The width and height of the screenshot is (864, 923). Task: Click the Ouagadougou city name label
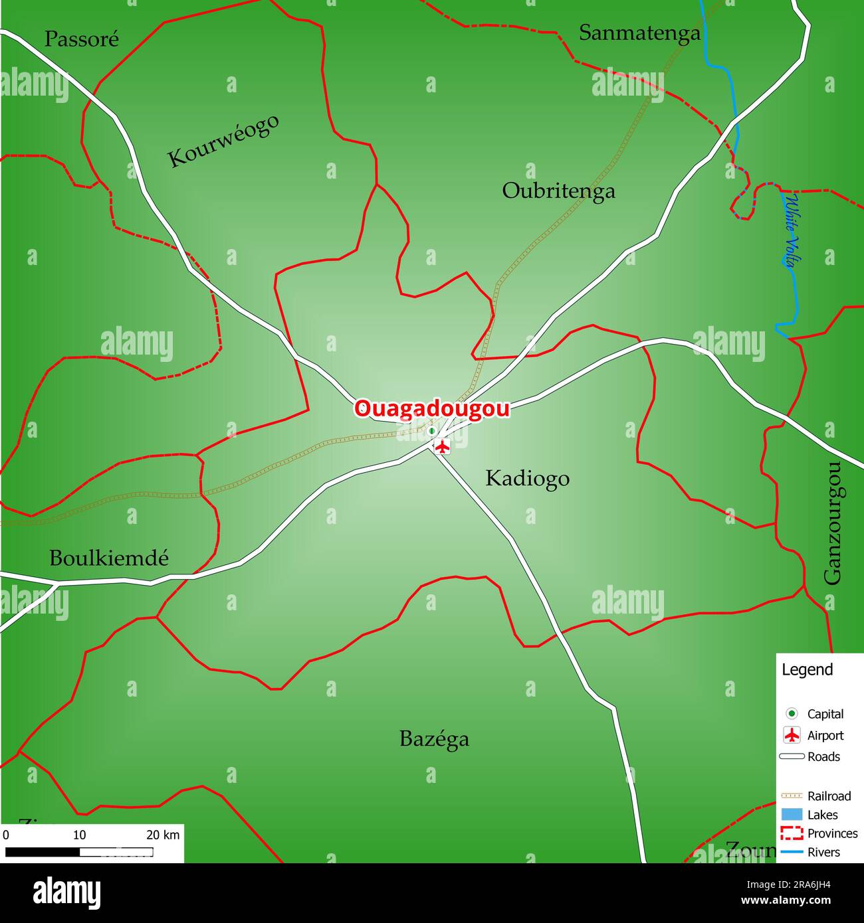click(431, 408)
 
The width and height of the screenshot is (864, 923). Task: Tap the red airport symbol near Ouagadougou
click(442, 446)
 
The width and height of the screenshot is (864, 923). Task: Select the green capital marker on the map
click(431, 431)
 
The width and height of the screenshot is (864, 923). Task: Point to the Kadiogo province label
click(527, 478)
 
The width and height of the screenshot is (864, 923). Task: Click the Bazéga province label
click(434, 738)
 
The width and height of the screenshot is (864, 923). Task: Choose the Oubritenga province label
click(558, 191)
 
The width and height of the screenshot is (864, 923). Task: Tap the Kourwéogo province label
click(223, 141)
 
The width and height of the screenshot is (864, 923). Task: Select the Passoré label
click(82, 39)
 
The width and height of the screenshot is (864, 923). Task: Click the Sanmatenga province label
click(639, 33)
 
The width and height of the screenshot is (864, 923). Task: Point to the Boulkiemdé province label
click(109, 558)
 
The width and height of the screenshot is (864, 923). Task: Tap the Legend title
click(807, 669)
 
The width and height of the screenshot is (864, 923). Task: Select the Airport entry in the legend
click(825, 735)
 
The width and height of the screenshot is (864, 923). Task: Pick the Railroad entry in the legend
click(829, 796)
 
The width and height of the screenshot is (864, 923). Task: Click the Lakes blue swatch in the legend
click(792, 815)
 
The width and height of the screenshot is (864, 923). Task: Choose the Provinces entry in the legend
click(832, 833)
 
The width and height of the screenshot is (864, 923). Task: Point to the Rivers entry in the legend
click(823, 852)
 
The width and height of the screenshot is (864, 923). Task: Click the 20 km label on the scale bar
click(163, 835)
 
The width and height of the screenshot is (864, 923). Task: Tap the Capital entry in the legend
click(825, 714)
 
